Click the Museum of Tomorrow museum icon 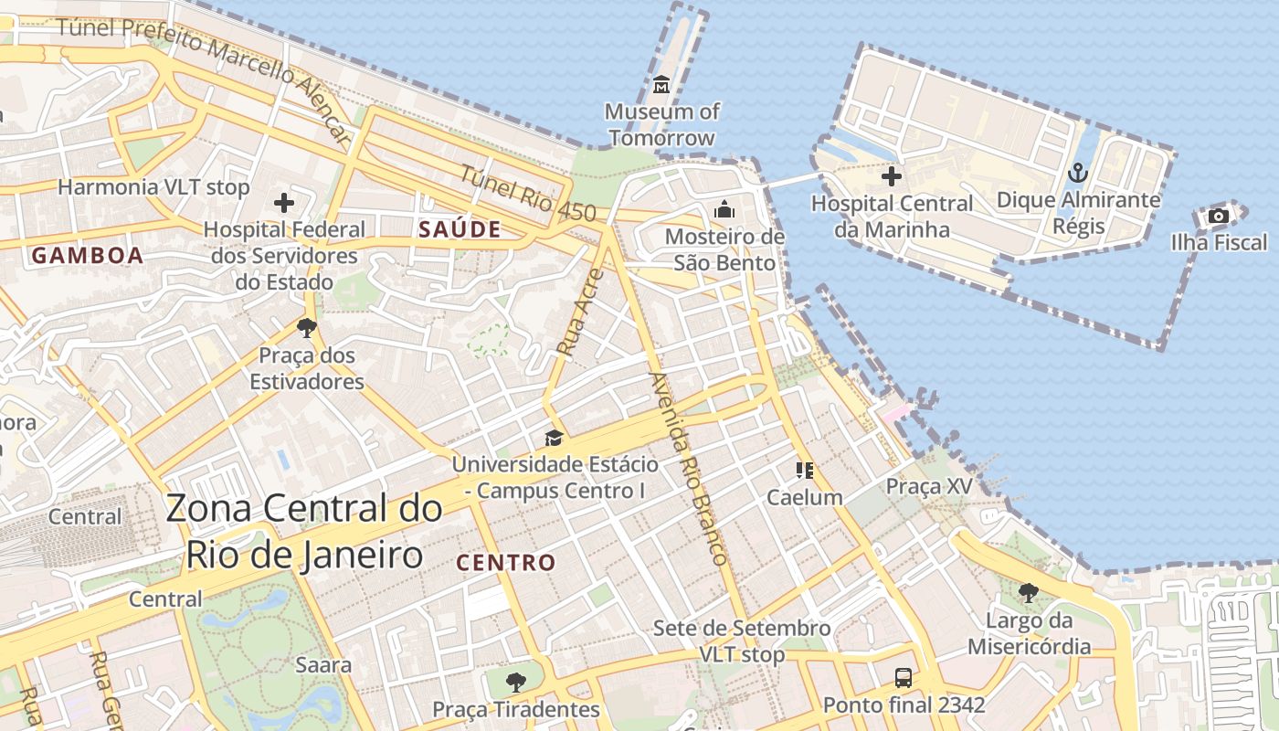(662, 85)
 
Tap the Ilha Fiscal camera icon (1218, 216)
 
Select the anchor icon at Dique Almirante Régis (1078, 173)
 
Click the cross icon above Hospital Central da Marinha (892, 176)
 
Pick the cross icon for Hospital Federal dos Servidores (284, 202)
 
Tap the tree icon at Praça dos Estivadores (307, 327)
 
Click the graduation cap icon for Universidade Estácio (554, 438)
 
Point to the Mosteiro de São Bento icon (724, 209)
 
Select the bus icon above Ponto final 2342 (903, 677)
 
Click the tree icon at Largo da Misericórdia (1029, 593)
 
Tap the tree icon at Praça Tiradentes (516, 682)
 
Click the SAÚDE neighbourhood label (460, 229)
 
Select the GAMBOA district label (88, 256)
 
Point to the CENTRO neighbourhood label (505, 563)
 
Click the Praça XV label (929, 486)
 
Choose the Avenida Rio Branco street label (689, 468)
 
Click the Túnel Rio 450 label (527, 194)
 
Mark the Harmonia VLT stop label (153, 187)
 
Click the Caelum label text (804, 497)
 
